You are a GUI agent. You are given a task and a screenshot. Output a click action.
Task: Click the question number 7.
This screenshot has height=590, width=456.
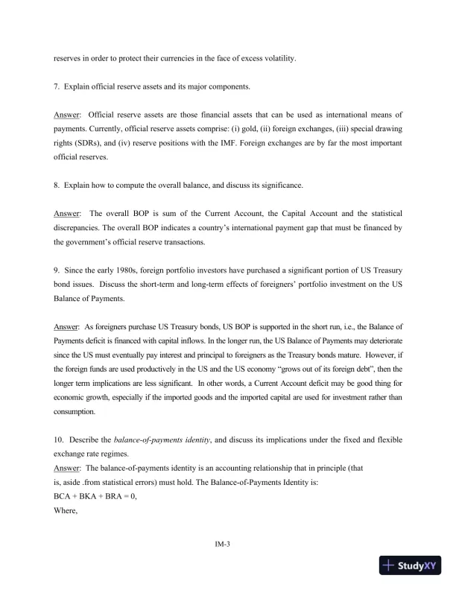pos(57,87)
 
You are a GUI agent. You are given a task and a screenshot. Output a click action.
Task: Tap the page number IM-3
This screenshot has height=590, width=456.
pos(228,544)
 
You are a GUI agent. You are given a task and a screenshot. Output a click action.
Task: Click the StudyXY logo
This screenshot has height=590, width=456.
pos(410,566)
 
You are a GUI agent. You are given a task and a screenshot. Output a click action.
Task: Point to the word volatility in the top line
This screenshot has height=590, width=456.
pos(279,58)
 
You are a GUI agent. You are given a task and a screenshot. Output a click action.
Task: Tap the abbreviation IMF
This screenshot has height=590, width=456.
pos(221,143)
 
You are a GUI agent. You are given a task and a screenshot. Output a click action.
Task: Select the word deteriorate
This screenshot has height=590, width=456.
pos(386,341)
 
